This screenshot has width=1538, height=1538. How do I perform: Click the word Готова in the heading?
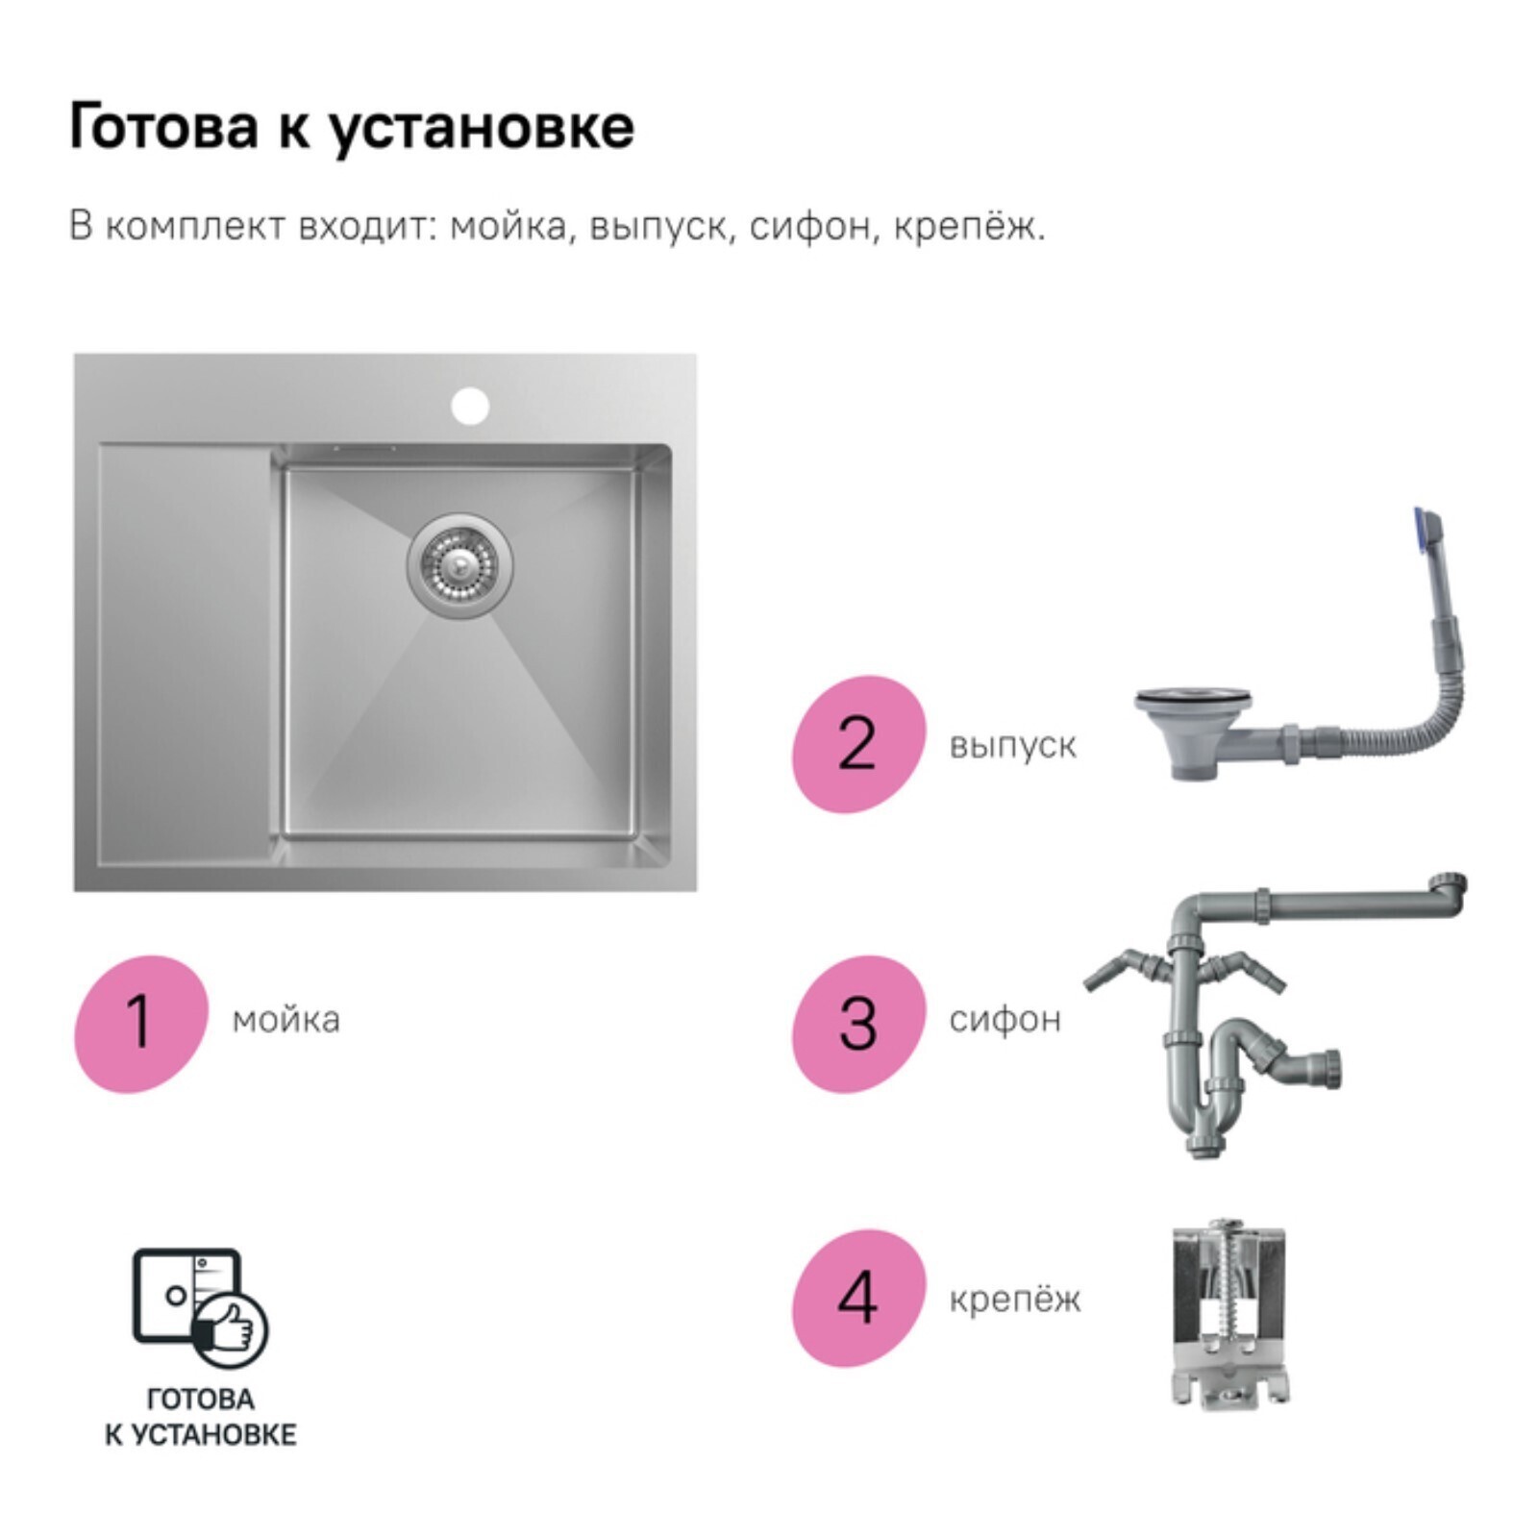click(163, 126)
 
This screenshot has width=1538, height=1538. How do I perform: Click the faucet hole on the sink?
click(471, 406)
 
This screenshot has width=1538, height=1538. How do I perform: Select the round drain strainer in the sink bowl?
click(459, 564)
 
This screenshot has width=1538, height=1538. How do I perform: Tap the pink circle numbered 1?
click(140, 1024)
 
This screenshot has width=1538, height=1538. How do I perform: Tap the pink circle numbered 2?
click(858, 744)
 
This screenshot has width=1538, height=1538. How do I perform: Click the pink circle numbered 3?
click(858, 1024)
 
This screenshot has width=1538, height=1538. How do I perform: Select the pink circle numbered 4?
click(858, 1299)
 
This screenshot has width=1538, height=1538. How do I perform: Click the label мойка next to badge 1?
click(285, 1020)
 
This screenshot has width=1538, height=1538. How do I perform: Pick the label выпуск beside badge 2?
click(1012, 746)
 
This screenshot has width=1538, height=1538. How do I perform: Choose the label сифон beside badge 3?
click(1005, 1019)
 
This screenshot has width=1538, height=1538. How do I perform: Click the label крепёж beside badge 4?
click(1014, 1299)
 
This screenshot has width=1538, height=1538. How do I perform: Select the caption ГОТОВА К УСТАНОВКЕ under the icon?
click(200, 1417)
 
